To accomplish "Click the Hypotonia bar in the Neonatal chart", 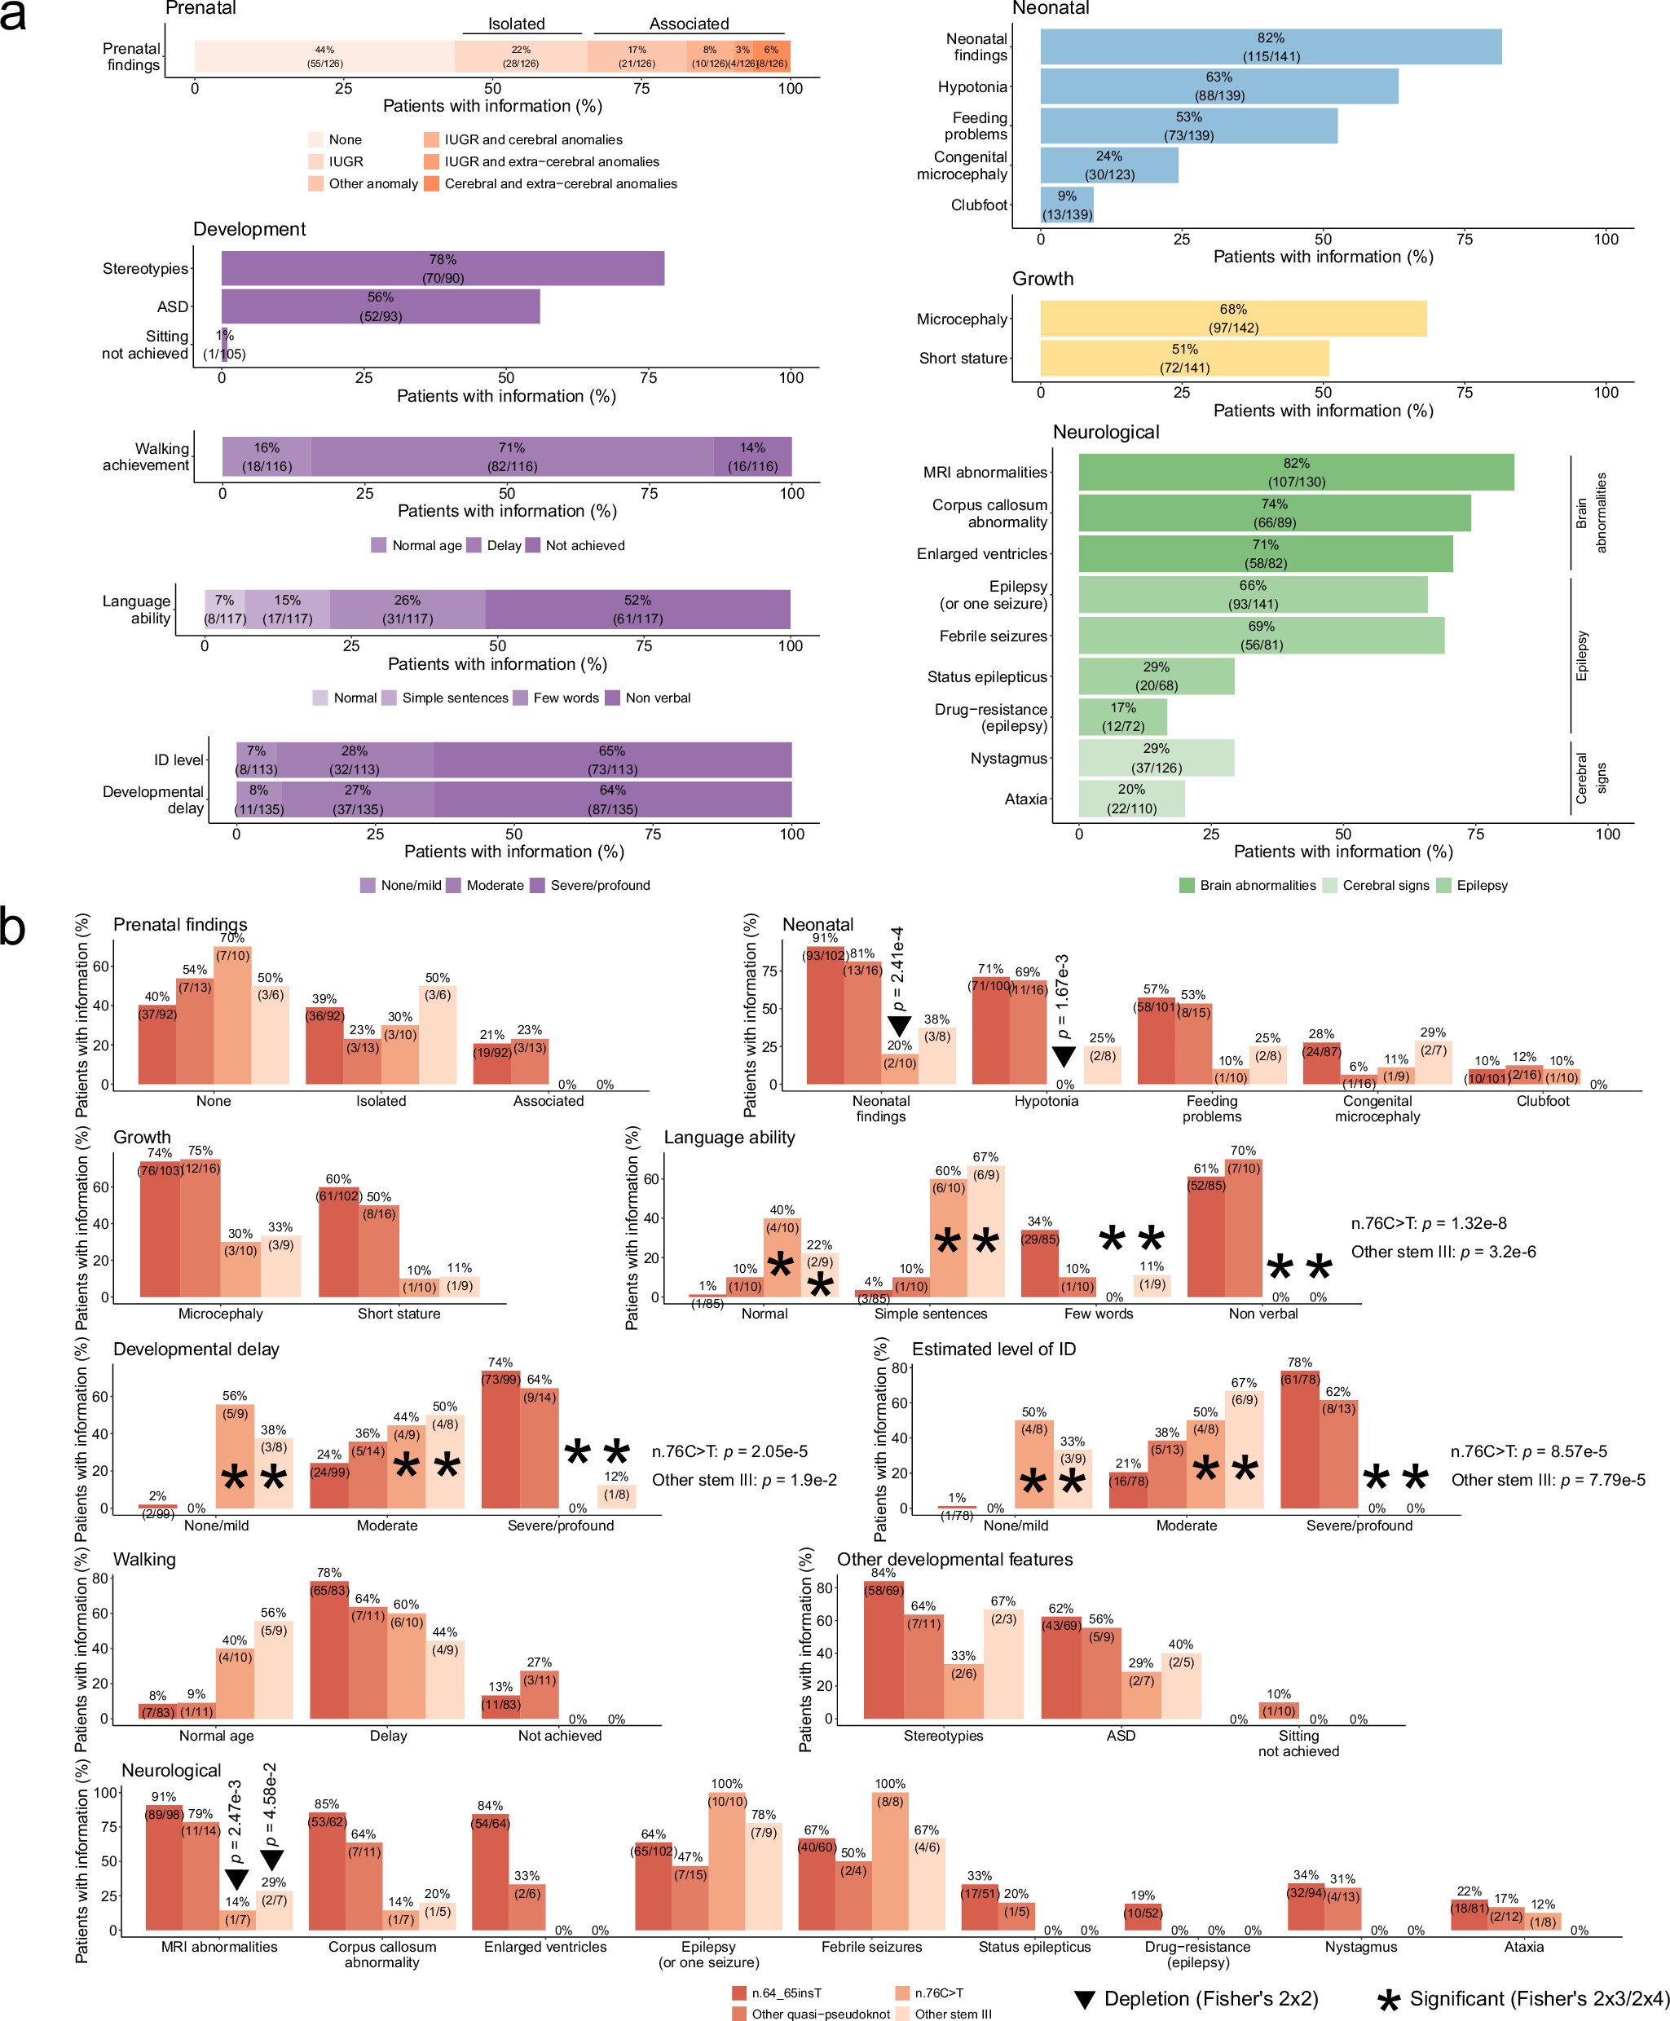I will click(x=1218, y=86).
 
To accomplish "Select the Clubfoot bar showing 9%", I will click(x=1066, y=205).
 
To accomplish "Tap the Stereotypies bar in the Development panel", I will click(x=443, y=268).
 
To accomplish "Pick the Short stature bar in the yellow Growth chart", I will click(x=1183, y=358).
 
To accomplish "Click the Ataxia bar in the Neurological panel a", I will click(x=1130, y=799).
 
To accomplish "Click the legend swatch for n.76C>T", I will click(x=902, y=1992).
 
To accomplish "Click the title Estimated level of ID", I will click(x=993, y=1349).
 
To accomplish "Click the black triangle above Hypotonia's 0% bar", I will click(x=1062, y=1056).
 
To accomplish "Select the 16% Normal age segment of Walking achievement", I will click(x=267, y=457).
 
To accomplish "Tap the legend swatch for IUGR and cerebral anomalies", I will click(x=431, y=139).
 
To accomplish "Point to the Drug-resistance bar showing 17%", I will click(x=1121, y=716).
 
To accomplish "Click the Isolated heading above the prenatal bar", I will click(x=516, y=24).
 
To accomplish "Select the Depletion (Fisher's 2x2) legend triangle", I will click(x=1084, y=1999).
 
